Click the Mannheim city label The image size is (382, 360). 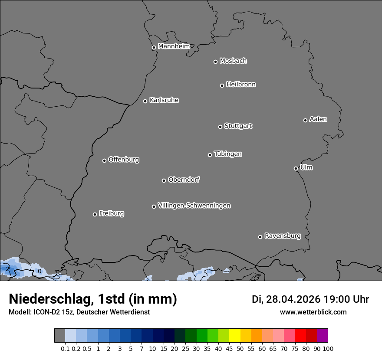[x=174, y=46]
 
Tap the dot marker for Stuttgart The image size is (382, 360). [x=220, y=127]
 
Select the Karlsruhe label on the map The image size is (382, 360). [x=164, y=100]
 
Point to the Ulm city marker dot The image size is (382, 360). [x=296, y=168]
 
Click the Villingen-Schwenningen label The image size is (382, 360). [x=194, y=206]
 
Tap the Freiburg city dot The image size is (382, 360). [x=95, y=214]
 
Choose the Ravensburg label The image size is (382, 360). [x=283, y=236]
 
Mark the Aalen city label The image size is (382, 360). [x=318, y=119]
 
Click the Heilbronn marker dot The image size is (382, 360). [x=222, y=85]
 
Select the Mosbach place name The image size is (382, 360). [x=233, y=61]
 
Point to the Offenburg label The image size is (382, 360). [x=124, y=160]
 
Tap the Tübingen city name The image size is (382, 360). [x=228, y=154]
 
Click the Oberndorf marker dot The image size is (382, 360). [x=164, y=180]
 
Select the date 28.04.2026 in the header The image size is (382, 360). [x=293, y=299]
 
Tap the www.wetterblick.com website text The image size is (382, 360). [x=313, y=312]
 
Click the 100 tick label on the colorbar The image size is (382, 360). [x=328, y=348]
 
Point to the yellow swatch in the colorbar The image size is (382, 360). [x=234, y=335]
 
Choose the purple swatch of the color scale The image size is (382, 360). [x=322, y=335]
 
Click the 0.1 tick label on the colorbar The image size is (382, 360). [x=65, y=348]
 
